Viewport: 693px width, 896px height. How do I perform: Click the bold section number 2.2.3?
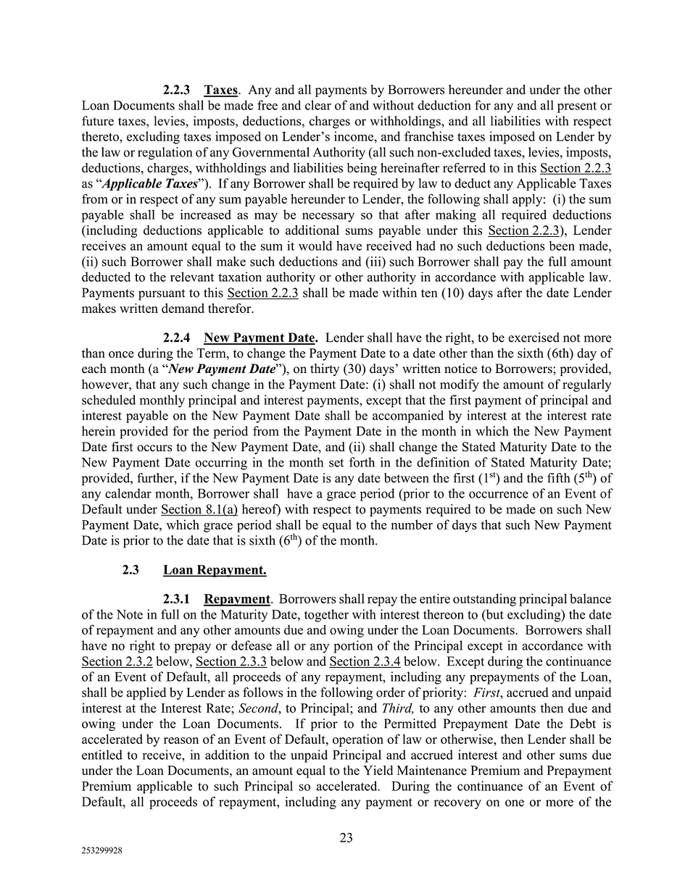pos(176,90)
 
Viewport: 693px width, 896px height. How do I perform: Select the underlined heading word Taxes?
pos(220,90)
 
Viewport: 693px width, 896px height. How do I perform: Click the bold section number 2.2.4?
pos(176,338)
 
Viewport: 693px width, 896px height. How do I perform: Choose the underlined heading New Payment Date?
pos(260,338)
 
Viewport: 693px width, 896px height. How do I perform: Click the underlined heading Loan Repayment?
pos(215,570)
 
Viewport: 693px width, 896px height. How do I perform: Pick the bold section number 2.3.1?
pos(176,599)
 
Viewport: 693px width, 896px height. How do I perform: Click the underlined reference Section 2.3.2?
pos(117,661)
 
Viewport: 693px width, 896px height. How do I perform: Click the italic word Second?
pos(257,708)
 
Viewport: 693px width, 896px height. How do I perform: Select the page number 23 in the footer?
pos(346,837)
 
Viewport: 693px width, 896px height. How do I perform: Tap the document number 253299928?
pos(101,852)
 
